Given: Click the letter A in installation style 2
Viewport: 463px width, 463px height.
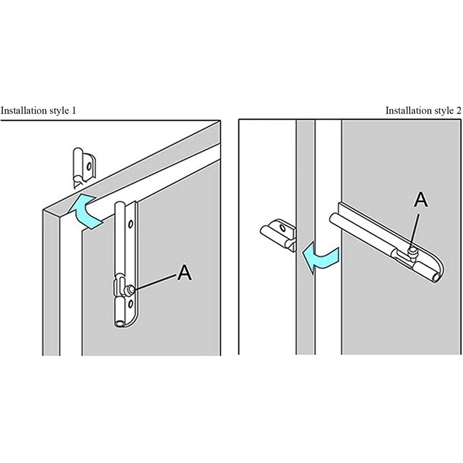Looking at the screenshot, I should tap(421, 200).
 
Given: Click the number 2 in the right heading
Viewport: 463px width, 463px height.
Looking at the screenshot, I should tap(458, 109).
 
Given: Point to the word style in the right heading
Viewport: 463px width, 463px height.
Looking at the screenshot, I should tap(444, 109).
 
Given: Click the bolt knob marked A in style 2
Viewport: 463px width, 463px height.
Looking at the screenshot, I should tap(413, 251).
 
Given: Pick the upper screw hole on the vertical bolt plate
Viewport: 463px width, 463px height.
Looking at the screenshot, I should tap(132, 223).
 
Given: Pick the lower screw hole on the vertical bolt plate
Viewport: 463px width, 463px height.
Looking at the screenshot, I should tap(132, 303).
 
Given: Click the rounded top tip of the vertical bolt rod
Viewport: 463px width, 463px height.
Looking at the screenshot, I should tap(120, 204).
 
